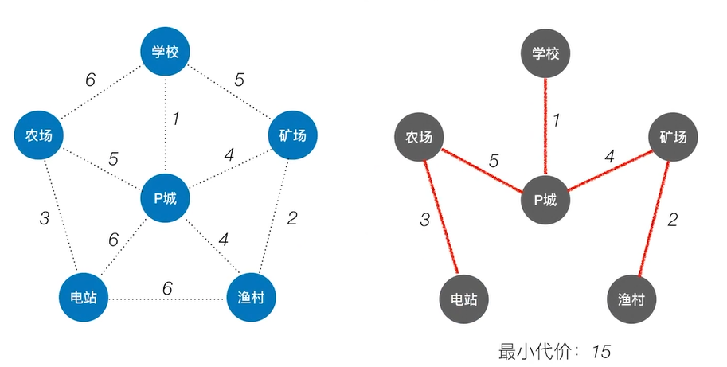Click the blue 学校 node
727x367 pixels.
(166, 53)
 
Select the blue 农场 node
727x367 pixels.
(38, 135)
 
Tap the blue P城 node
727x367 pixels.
(165, 197)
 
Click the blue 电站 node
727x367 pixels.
(84, 298)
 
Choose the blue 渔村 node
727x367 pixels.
(251, 298)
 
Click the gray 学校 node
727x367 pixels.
(545, 54)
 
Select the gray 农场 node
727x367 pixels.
(419, 137)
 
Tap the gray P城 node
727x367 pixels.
(545, 199)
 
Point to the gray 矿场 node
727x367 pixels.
(673, 137)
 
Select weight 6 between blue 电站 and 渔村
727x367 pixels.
(167, 287)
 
